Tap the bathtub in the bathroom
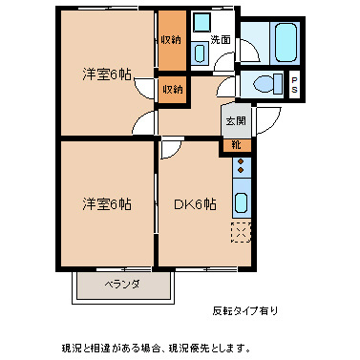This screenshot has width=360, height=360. [x=286, y=42]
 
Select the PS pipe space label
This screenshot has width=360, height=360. [x=294, y=85]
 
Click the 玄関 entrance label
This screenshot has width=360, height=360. [x=236, y=121]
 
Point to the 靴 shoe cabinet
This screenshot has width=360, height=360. [x=236, y=145]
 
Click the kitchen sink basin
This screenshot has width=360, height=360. [x=241, y=202]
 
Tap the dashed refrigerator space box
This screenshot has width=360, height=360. [x=242, y=233]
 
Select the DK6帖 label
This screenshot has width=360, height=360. [x=195, y=204]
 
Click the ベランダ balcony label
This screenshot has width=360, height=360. [x=122, y=284]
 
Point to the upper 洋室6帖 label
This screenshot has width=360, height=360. [x=107, y=74]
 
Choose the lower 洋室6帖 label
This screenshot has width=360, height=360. [x=107, y=204]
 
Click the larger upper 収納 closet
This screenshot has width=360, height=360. [x=172, y=40]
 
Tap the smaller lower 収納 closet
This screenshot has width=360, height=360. [x=172, y=90]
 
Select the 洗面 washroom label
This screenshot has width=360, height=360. [x=221, y=40]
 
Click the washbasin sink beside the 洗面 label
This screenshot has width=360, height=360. [x=200, y=53]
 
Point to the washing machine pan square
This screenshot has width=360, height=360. [x=202, y=22]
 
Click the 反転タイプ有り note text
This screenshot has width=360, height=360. [x=245, y=310]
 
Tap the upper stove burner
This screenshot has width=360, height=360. [x=241, y=161]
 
